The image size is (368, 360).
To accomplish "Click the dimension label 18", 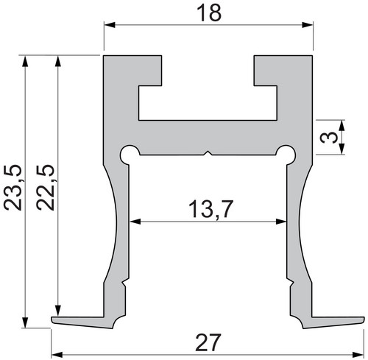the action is tap(209, 13).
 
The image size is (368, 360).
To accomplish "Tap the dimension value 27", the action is tap(208, 342).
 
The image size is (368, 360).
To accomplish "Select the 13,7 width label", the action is tap(210, 209).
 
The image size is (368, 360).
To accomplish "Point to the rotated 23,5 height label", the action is tap(13, 188).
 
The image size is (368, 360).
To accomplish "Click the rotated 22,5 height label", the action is tap(46, 188).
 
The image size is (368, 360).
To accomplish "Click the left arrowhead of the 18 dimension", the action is tap(110, 25).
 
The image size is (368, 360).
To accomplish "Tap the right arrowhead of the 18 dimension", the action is tap(308, 25).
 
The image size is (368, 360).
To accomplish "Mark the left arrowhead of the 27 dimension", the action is tap(57, 355).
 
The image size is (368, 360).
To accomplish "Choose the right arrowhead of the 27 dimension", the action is tap(358, 355).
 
